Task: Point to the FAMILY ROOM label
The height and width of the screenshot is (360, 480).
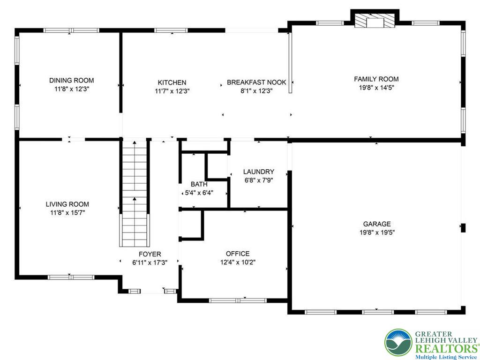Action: pos(376,79)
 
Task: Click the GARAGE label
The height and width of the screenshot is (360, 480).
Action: pos(376,224)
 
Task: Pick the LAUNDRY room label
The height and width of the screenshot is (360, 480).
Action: pos(258,172)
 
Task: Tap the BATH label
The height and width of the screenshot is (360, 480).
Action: pos(199,184)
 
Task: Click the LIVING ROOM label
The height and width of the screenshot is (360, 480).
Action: pos(67,204)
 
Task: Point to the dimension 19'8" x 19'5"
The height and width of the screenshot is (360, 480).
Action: pos(376,232)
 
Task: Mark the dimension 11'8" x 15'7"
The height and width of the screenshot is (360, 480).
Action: pos(67,213)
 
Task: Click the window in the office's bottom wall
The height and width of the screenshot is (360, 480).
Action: pos(238,300)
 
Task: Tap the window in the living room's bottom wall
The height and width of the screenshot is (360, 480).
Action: pos(71,277)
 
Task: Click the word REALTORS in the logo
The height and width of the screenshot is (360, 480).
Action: pos(446,349)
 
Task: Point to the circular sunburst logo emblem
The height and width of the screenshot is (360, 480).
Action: pos(398,343)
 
